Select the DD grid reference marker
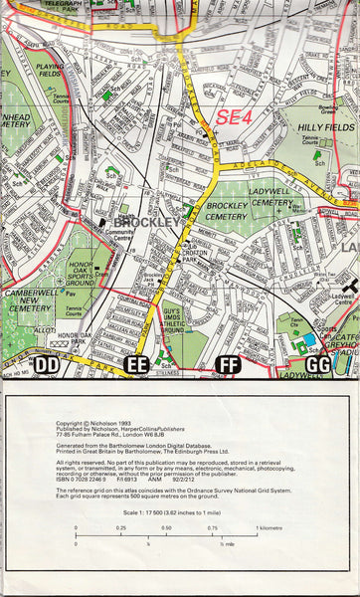[x=46, y=365]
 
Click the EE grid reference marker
[x=138, y=365]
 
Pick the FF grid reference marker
[x=228, y=365]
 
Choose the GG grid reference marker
[x=318, y=365]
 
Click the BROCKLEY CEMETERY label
[x=230, y=214]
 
